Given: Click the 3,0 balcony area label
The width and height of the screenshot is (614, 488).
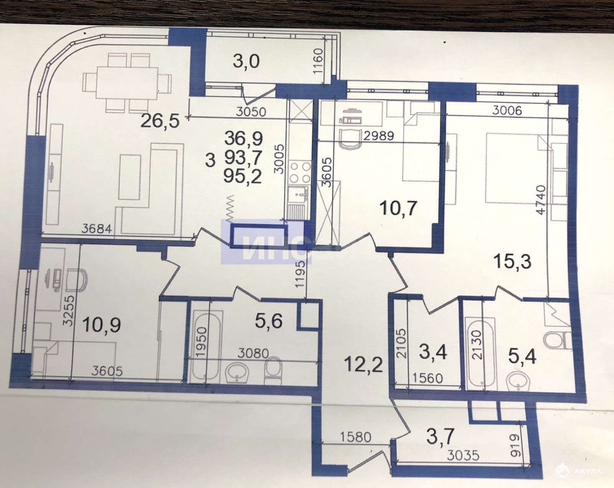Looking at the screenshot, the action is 246,62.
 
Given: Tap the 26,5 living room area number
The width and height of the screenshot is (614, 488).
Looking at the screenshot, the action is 160,120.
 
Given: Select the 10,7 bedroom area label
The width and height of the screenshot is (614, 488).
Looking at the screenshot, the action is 399,208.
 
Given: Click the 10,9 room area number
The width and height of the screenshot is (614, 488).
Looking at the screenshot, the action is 102,325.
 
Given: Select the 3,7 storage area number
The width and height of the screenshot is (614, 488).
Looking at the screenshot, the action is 440,437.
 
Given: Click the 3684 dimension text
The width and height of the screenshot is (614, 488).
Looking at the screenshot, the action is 97,229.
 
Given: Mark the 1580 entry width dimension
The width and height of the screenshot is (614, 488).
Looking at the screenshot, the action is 356,437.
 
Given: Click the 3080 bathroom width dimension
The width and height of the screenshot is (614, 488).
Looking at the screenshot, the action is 253,354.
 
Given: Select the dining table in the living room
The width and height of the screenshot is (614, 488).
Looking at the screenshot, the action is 127,83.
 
